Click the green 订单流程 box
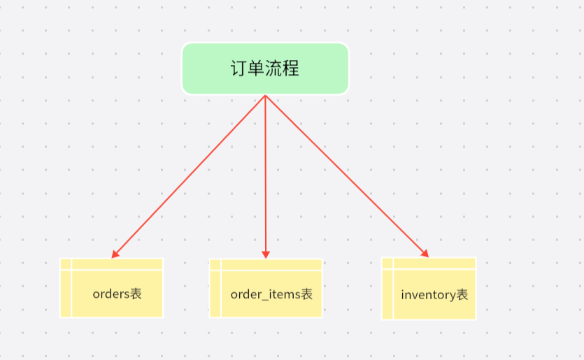coord(265,69)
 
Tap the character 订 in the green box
coord(238,69)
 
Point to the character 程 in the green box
coord(290,69)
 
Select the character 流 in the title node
coord(273,69)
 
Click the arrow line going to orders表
coord(188,176)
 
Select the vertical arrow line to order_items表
coord(266,177)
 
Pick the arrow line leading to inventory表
coord(347,176)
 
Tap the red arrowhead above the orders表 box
coord(115,254)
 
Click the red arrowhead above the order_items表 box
coord(266,254)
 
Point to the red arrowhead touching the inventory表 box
coord(425,254)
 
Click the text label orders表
coord(117,294)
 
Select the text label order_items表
coord(271,294)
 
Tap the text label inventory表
coord(434,295)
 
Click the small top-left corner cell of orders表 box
coord(66,264)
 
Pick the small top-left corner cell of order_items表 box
coord(215,265)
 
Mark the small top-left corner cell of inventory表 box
coord(387,264)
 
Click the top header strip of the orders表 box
coord(117,264)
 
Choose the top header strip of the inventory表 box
coord(434,264)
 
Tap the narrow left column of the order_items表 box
coord(215,294)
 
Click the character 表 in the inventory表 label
coord(462,295)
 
